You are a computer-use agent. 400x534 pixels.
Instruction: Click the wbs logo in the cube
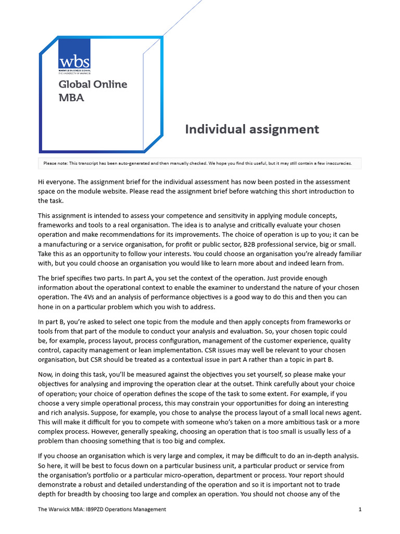[x=74, y=63]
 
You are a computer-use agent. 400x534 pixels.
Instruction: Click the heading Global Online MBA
[x=92, y=90]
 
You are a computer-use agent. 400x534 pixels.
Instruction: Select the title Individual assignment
[x=252, y=129]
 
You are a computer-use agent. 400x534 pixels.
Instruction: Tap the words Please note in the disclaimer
[x=56, y=163]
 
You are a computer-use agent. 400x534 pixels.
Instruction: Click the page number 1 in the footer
[x=360, y=509]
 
